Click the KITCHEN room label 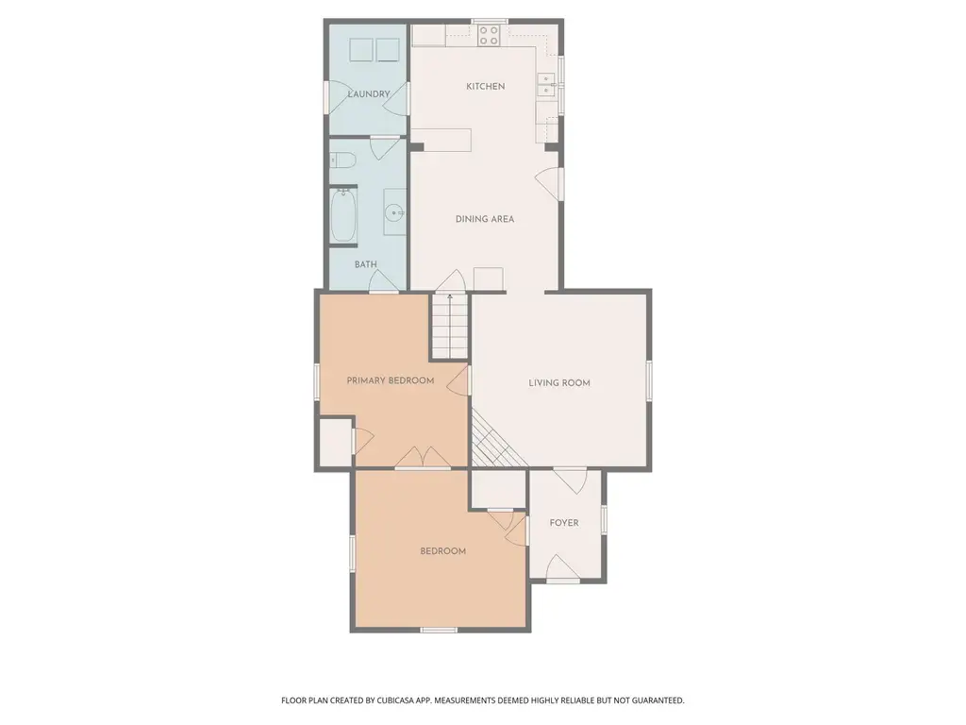(x=486, y=86)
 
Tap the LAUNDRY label (x=369, y=94)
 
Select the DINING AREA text (x=485, y=219)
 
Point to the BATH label (x=365, y=264)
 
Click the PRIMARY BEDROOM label (x=391, y=380)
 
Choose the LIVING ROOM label (x=559, y=383)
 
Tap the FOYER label (x=564, y=523)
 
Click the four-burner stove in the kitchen (x=490, y=35)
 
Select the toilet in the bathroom (x=342, y=161)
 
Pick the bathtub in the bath (x=343, y=216)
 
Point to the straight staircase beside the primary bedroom (x=450, y=326)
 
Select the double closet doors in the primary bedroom (x=423, y=457)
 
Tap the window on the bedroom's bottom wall (x=439, y=630)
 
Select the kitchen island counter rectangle (x=441, y=141)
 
